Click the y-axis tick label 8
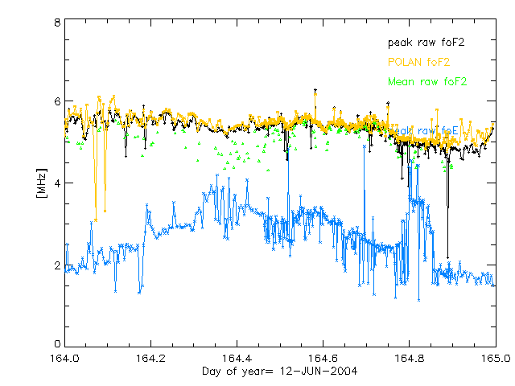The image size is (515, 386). point(56,23)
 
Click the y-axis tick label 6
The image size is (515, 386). point(56,102)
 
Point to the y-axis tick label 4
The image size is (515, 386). point(56,183)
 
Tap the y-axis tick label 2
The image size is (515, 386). point(56,265)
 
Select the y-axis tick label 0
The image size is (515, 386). point(56,345)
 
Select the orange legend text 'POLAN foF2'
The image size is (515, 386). point(418,61)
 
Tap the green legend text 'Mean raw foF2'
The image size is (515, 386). point(426,81)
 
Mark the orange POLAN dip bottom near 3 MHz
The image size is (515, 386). point(96,219)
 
